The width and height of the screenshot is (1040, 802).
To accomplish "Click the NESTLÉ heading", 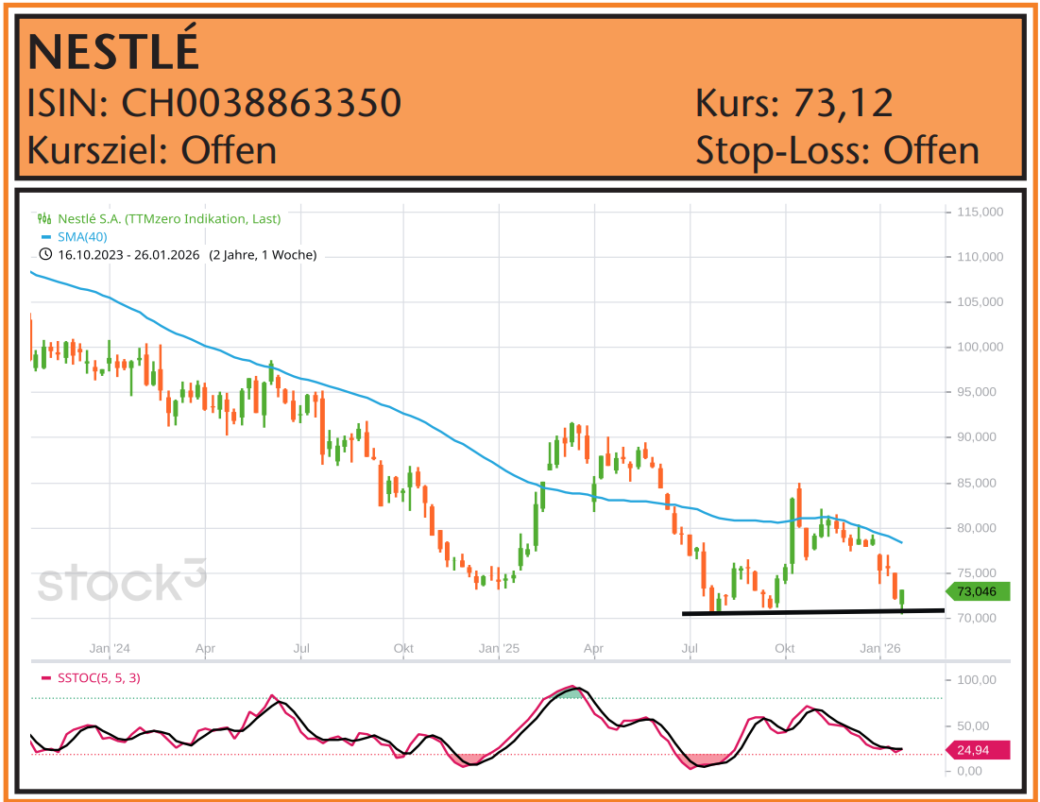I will click(113, 53).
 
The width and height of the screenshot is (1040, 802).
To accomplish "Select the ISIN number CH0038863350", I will click(261, 103).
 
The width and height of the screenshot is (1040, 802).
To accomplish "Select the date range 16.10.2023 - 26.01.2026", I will click(128, 254).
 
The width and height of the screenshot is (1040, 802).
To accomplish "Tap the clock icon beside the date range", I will click(45, 254).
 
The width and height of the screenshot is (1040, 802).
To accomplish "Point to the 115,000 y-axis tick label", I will click(980, 213).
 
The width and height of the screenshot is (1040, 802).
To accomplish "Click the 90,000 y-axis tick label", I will click(979, 437).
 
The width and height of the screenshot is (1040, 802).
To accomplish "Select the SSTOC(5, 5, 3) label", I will click(98, 677).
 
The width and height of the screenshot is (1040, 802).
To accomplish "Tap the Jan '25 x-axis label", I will click(500, 649).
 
